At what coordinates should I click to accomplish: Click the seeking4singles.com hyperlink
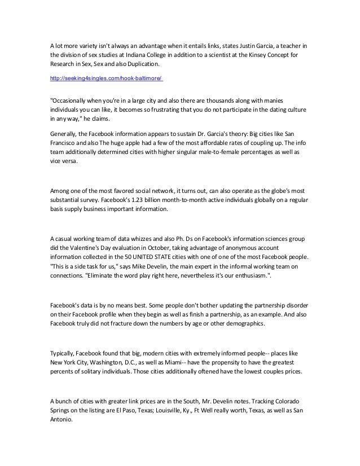click(x=106, y=78)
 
